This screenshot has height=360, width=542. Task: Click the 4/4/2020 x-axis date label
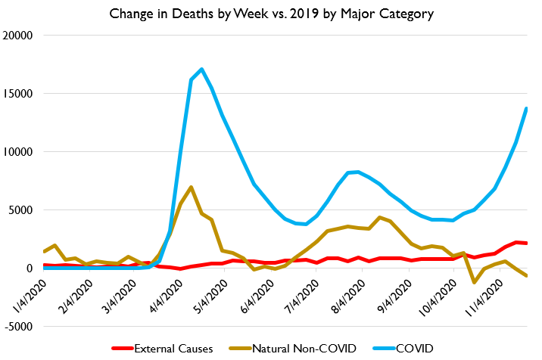click(169, 299)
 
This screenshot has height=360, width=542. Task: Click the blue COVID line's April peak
click(201, 70)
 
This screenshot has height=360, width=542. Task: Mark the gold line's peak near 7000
click(191, 187)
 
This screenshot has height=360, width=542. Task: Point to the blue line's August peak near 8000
click(357, 172)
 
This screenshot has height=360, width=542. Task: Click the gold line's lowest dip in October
click(474, 282)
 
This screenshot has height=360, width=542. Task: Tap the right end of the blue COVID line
click(526, 108)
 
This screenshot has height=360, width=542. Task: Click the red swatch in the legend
click(121, 348)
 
